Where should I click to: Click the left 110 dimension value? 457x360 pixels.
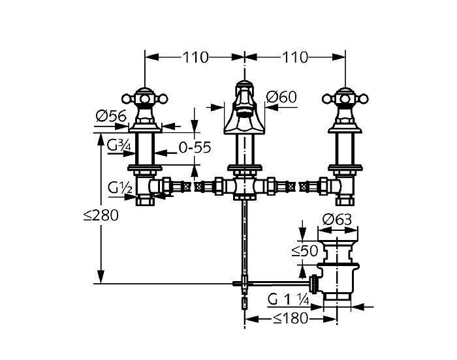pyautogui.click(x=196, y=57)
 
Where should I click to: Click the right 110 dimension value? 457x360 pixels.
pyautogui.click(x=294, y=57)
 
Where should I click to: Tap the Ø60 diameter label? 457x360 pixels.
pyautogui.click(x=281, y=97)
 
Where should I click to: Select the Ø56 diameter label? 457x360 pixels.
pyautogui.click(x=111, y=116)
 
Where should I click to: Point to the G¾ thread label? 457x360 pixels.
pyautogui.click(x=119, y=145)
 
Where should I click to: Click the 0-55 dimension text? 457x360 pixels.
pyautogui.click(x=195, y=147)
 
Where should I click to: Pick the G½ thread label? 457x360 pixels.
pyautogui.click(x=119, y=188)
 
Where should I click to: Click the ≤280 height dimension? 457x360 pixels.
pyautogui.click(x=101, y=215)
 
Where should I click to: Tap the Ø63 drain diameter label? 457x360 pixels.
pyautogui.click(x=338, y=219)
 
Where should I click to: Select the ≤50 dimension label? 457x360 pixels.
pyautogui.click(x=305, y=251)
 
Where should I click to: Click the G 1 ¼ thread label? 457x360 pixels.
pyautogui.click(x=289, y=299)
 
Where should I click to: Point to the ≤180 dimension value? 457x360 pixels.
pyautogui.click(x=291, y=318)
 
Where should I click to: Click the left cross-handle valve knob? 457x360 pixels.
pyautogui.click(x=145, y=99)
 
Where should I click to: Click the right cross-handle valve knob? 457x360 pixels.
pyautogui.click(x=345, y=99)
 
